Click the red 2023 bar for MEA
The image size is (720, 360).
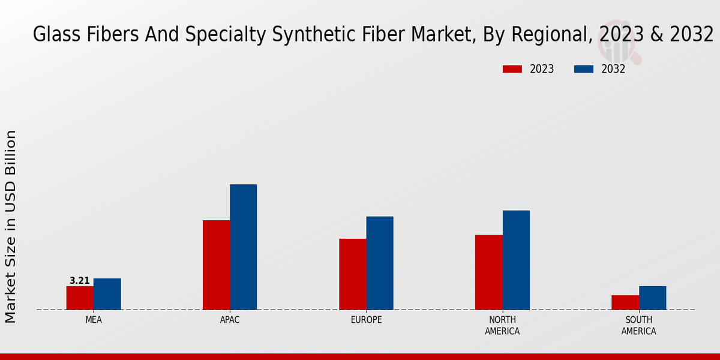coord(80,298)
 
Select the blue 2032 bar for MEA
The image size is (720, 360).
coord(107,294)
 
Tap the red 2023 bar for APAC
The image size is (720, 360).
coord(216,265)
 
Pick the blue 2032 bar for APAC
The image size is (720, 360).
coord(243,247)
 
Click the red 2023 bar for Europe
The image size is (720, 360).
coord(352,274)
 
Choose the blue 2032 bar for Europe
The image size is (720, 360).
coord(380,263)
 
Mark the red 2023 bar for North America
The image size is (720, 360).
coord(488,272)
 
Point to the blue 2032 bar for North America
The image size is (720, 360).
coord(516,260)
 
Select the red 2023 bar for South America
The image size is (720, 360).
coord(625,302)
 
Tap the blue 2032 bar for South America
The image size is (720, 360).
coord(652,298)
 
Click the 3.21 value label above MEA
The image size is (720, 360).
coord(80,281)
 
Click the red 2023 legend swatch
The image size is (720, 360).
coord(512,69)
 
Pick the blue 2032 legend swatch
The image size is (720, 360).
coord(584,69)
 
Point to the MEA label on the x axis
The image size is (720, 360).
coord(94,320)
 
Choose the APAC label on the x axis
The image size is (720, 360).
coord(230,320)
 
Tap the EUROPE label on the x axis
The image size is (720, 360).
coord(366,320)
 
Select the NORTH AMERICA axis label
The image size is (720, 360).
coord(502,326)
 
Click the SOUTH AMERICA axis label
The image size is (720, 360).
coord(638,326)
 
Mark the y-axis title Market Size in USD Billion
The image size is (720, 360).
coord(11,226)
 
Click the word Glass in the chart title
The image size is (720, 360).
coord(50,35)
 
